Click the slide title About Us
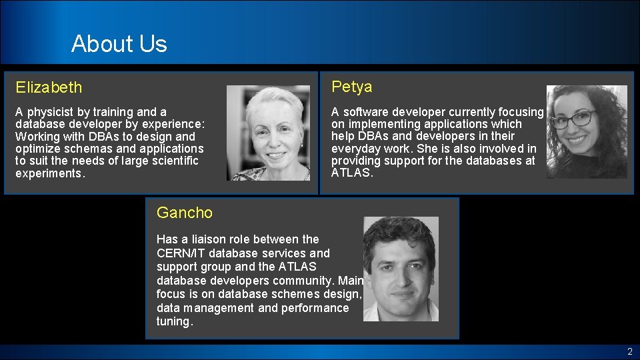[x=119, y=44]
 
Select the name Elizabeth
[x=49, y=87]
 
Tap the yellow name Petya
[x=352, y=87]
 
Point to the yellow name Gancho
[x=185, y=213]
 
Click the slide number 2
[x=629, y=351]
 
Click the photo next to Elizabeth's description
[x=268, y=133]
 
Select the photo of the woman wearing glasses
[x=587, y=131]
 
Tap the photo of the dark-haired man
[x=401, y=269]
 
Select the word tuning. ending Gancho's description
[x=175, y=322]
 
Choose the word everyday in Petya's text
[x=357, y=148]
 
